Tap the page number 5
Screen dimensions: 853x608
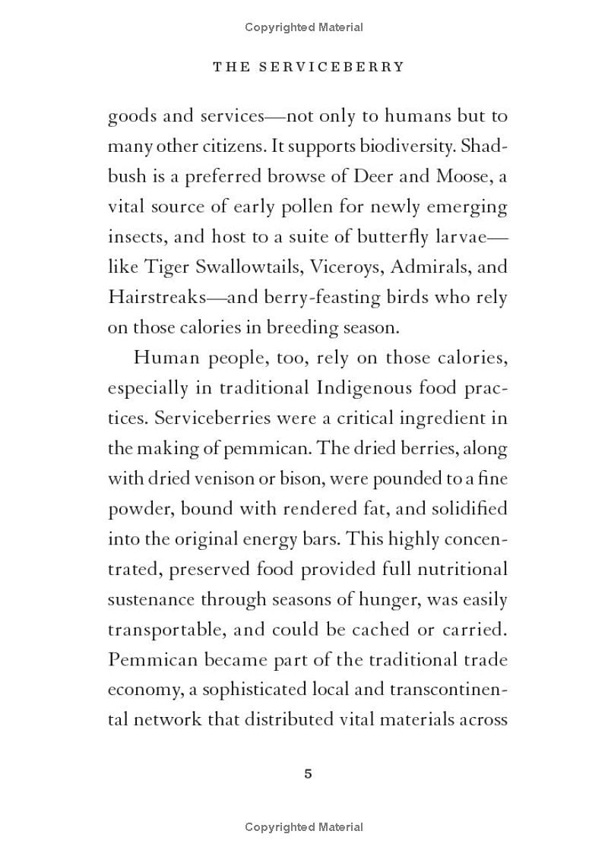tap(308, 774)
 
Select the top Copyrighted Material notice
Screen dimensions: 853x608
tap(304, 27)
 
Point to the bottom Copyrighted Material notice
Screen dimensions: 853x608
tap(304, 827)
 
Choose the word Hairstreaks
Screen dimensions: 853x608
tap(156, 298)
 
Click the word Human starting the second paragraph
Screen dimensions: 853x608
tap(160, 358)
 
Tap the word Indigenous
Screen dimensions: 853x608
tap(358, 388)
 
